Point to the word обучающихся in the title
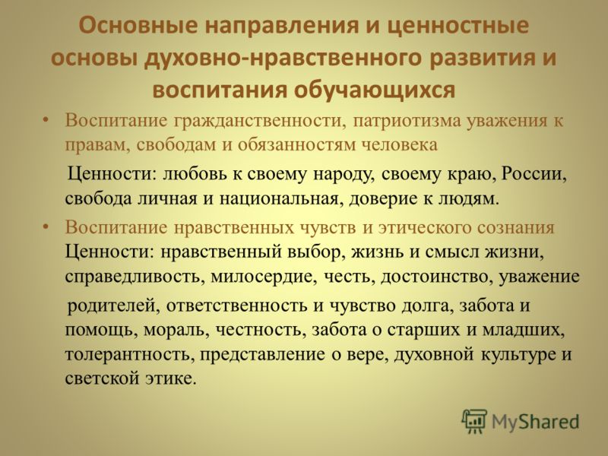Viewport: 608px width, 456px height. point(374,90)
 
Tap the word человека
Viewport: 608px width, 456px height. point(400,145)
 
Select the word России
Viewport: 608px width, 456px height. point(534,174)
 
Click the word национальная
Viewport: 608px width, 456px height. point(279,198)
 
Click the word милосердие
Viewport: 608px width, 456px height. point(264,277)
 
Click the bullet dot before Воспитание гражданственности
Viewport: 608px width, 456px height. point(46,120)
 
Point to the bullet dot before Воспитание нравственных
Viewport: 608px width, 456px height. point(46,226)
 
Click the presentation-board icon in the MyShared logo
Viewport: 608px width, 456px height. point(474,421)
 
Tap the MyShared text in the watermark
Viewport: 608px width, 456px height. point(536,422)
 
